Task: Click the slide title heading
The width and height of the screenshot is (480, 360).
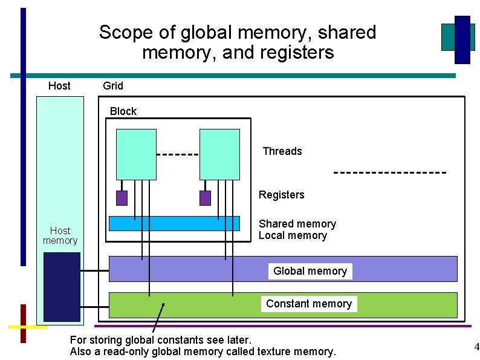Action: pyautogui.click(x=238, y=42)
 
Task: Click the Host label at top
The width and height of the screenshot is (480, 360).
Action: pyautogui.click(x=59, y=86)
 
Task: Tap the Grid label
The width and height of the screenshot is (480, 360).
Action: pyautogui.click(x=113, y=86)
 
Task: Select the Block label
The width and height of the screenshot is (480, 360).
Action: pyautogui.click(x=123, y=111)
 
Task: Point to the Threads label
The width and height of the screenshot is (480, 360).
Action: pyautogui.click(x=282, y=151)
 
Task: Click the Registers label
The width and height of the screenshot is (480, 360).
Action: pyautogui.click(x=282, y=195)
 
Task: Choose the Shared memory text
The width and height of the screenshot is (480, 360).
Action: pyautogui.click(x=297, y=224)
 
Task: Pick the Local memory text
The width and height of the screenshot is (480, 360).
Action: pyautogui.click(x=293, y=235)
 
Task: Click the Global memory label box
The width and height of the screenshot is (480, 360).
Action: pyautogui.click(x=310, y=271)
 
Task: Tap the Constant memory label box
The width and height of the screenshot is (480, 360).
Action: pyautogui.click(x=309, y=304)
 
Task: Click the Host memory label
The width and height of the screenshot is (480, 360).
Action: pyautogui.click(x=60, y=235)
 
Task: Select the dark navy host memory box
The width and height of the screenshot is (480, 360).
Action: pyautogui.click(x=62, y=287)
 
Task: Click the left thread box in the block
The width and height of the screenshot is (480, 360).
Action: pyautogui.click(x=136, y=154)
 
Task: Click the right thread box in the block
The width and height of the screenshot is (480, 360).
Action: pyautogui.click(x=219, y=154)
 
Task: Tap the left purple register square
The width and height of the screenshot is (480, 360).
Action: pyautogui.click(x=122, y=198)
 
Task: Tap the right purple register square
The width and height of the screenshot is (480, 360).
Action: pyautogui.click(x=206, y=198)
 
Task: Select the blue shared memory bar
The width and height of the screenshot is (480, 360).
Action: pyautogui.click(x=174, y=224)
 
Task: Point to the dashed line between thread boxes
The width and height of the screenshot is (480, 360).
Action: pyautogui.click(x=178, y=154)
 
